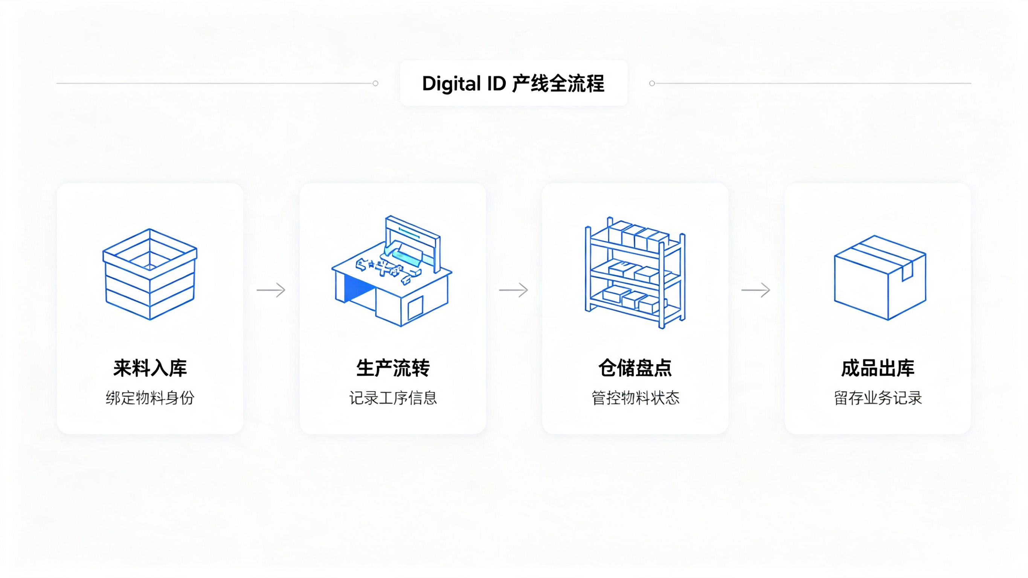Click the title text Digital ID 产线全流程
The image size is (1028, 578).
click(513, 84)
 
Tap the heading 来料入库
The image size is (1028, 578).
click(150, 368)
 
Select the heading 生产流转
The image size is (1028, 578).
click(393, 368)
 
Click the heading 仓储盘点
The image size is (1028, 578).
click(635, 368)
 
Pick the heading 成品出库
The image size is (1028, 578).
click(877, 368)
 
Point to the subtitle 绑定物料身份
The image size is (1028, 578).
click(150, 398)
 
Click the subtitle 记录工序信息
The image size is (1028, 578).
click(393, 398)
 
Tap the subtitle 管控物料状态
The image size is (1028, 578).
click(635, 398)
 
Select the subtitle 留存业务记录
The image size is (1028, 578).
click(877, 398)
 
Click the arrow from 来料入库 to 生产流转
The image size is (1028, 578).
click(271, 290)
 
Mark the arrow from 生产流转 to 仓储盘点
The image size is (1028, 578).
click(514, 290)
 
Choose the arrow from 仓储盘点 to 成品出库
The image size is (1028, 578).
click(756, 290)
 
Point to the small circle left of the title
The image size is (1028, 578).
click(375, 84)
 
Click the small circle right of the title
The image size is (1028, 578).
click(652, 84)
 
